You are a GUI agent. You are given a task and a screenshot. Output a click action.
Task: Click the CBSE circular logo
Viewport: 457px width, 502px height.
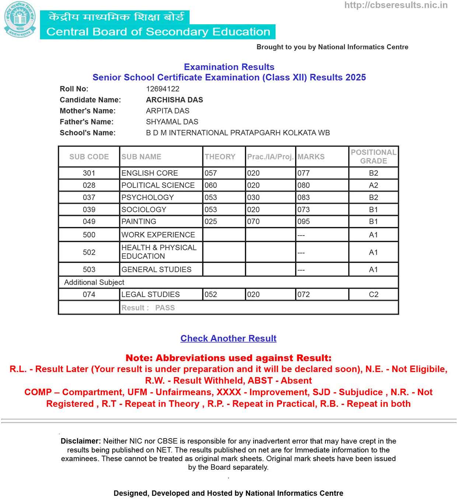20,20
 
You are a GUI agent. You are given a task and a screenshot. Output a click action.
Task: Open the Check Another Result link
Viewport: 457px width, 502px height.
228,338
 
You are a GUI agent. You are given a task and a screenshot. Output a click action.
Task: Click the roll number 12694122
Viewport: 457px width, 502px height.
163,89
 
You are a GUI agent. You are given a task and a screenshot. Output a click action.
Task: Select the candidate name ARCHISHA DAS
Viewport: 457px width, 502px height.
174,100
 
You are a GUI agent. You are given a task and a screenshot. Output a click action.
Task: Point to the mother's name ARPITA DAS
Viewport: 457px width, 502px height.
167,111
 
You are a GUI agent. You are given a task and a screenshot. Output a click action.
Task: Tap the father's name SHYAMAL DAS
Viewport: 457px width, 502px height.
172,122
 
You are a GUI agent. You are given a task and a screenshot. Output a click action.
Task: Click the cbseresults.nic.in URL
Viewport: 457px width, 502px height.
396,5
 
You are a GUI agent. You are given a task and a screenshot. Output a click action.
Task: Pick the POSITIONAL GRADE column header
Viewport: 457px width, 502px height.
373,157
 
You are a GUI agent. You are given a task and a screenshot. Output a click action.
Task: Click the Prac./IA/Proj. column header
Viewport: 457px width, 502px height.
270,157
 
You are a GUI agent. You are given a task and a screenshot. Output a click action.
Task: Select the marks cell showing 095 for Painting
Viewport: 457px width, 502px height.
304,222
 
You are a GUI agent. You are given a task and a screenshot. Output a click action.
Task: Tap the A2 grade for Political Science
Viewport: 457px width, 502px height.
373,185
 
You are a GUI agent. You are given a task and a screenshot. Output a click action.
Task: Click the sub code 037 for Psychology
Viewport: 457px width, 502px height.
89,198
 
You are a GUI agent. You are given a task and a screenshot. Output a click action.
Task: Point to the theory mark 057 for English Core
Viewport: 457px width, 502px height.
211,173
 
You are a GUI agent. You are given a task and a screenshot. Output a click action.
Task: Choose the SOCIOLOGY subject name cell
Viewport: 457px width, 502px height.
144,210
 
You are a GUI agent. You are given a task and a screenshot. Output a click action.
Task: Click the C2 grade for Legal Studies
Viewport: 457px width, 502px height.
373,294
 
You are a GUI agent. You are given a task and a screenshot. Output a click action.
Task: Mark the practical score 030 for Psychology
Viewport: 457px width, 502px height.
253,198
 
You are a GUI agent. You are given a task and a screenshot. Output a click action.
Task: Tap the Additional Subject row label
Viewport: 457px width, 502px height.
94,282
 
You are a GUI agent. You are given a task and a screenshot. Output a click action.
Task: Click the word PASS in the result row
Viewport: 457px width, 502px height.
165,308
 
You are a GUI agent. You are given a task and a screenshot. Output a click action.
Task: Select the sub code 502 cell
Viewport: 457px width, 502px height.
89,252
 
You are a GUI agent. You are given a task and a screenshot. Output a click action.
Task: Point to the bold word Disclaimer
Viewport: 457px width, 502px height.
80,441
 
